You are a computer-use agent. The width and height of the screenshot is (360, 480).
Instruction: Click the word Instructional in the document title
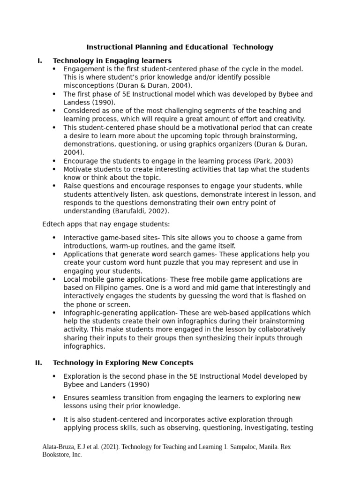[107, 47]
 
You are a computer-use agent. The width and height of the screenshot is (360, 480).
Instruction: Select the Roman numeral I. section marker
[40, 60]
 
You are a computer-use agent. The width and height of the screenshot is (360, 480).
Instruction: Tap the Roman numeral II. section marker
[39, 362]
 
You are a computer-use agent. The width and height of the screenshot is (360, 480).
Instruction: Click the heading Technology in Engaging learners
[112, 60]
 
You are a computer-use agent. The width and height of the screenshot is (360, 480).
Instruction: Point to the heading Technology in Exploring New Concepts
[123, 362]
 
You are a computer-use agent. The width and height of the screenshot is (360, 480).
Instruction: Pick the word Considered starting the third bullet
[82, 111]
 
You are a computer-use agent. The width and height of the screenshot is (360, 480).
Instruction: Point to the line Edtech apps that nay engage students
[106, 224]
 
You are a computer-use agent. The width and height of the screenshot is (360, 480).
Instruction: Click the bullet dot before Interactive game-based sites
[54, 238]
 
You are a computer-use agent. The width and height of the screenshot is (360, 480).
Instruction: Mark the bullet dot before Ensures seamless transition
[54, 397]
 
